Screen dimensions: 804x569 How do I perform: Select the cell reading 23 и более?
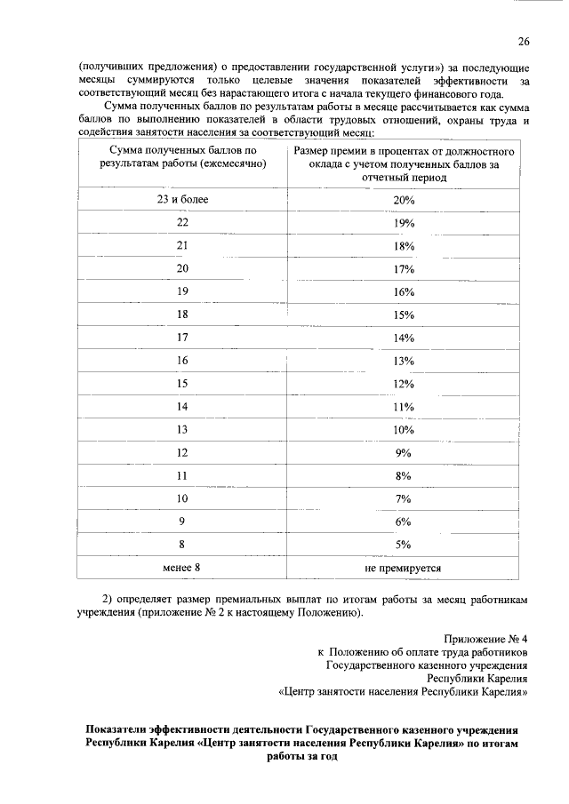point(182,199)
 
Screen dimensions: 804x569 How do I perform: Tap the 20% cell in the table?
point(404,200)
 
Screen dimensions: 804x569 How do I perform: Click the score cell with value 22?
point(182,222)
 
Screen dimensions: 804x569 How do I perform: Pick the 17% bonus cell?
point(404,268)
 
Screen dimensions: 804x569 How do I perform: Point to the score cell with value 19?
point(182,291)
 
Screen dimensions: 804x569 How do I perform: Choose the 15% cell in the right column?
point(404,314)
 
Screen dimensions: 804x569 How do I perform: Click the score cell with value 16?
point(182,360)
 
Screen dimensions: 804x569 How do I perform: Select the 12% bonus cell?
point(404,383)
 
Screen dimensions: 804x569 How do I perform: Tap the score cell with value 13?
point(182,429)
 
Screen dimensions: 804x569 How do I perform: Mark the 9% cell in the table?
point(404,452)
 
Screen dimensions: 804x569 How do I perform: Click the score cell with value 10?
point(182,498)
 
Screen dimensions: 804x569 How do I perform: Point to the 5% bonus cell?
point(404,544)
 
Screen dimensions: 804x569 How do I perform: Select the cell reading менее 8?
point(182,567)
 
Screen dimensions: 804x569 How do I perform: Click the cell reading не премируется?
point(404,567)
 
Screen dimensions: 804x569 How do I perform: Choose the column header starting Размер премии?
point(404,164)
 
